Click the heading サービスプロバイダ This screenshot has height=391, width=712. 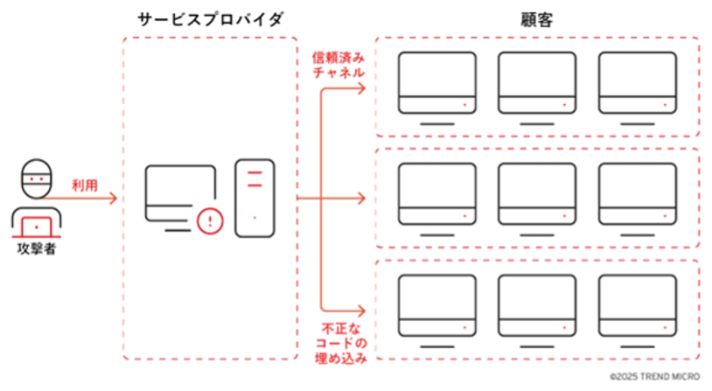point(210,19)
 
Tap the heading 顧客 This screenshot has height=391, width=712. point(537,19)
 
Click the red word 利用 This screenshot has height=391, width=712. point(85,185)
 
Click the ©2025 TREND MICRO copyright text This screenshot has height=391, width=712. point(655,377)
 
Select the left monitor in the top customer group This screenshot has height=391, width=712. point(437,83)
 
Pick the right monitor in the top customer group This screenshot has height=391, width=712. point(638,83)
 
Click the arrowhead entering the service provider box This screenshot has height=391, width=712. point(114,199)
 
